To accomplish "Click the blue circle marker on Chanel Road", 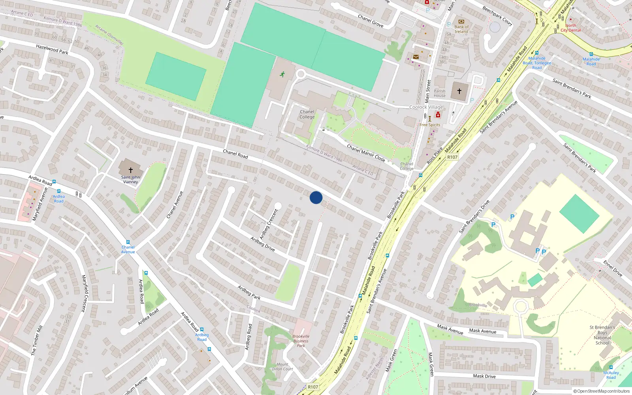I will tap(316, 197).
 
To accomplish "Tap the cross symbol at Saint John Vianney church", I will tap(131, 170).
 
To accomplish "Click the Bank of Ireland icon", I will tap(461, 22).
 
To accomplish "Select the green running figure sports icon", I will tap(282, 74).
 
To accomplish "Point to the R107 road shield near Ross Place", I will tap(452, 157).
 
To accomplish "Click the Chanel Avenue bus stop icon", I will tap(128, 242).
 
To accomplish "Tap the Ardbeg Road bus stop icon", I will tap(202, 329).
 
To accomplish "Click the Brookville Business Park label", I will tap(301, 341).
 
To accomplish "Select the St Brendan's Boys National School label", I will tap(602, 335).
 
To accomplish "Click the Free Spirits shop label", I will tap(430, 125).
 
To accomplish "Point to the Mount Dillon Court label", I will tap(282, 367).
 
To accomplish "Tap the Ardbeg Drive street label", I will tap(263, 244).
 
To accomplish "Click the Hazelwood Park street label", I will tap(52, 49).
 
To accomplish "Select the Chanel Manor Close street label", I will tap(366, 153).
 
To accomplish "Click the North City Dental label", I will tap(571, 28).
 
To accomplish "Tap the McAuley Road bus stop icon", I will tap(611, 368).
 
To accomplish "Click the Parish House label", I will tap(440, 93).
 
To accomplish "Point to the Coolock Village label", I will tap(426, 107).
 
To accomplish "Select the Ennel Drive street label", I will tap(613, 268).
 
